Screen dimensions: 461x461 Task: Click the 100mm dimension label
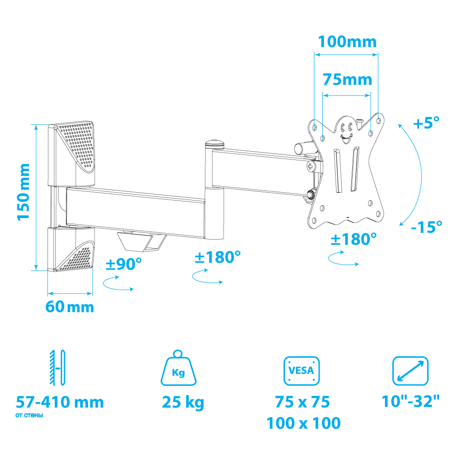click(347, 42)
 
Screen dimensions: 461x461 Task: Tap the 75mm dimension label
click(347, 80)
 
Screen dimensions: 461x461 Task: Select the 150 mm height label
click(24, 192)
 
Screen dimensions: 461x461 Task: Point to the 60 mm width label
click(70, 307)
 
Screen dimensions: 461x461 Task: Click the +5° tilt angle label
click(426, 123)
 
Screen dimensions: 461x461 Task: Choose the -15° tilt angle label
click(426, 227)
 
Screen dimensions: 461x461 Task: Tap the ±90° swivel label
click(124, 264)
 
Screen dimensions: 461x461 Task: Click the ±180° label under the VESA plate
click(354, 239)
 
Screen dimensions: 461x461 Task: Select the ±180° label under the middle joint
click(218, 257)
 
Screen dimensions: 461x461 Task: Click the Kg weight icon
click(178, 368)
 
